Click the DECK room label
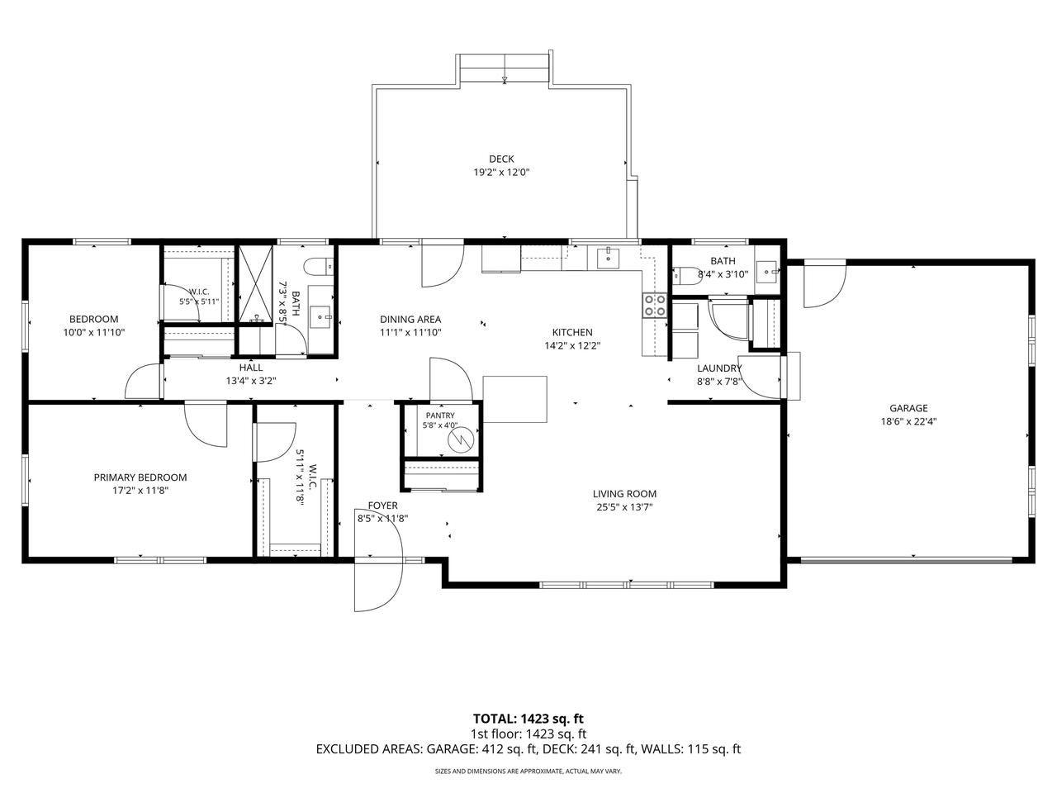point(501,159)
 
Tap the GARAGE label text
point(908,408)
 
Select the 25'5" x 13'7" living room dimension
point(624,507)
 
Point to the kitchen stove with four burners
point(655,306)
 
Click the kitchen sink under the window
point(609,258)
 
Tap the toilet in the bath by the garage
point(685,275)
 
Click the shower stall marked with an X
point(256,285)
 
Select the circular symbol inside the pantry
point(461,439)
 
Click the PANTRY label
point(439,415)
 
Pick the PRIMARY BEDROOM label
point(140,477)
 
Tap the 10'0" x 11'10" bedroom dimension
point(94,332)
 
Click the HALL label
point(251,368)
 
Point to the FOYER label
point(383,506)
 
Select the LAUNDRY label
point(719,368)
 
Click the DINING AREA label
point(410,319)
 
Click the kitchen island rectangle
point(514,399)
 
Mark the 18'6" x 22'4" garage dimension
point(908,422)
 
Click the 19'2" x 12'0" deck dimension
point(501,173)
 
